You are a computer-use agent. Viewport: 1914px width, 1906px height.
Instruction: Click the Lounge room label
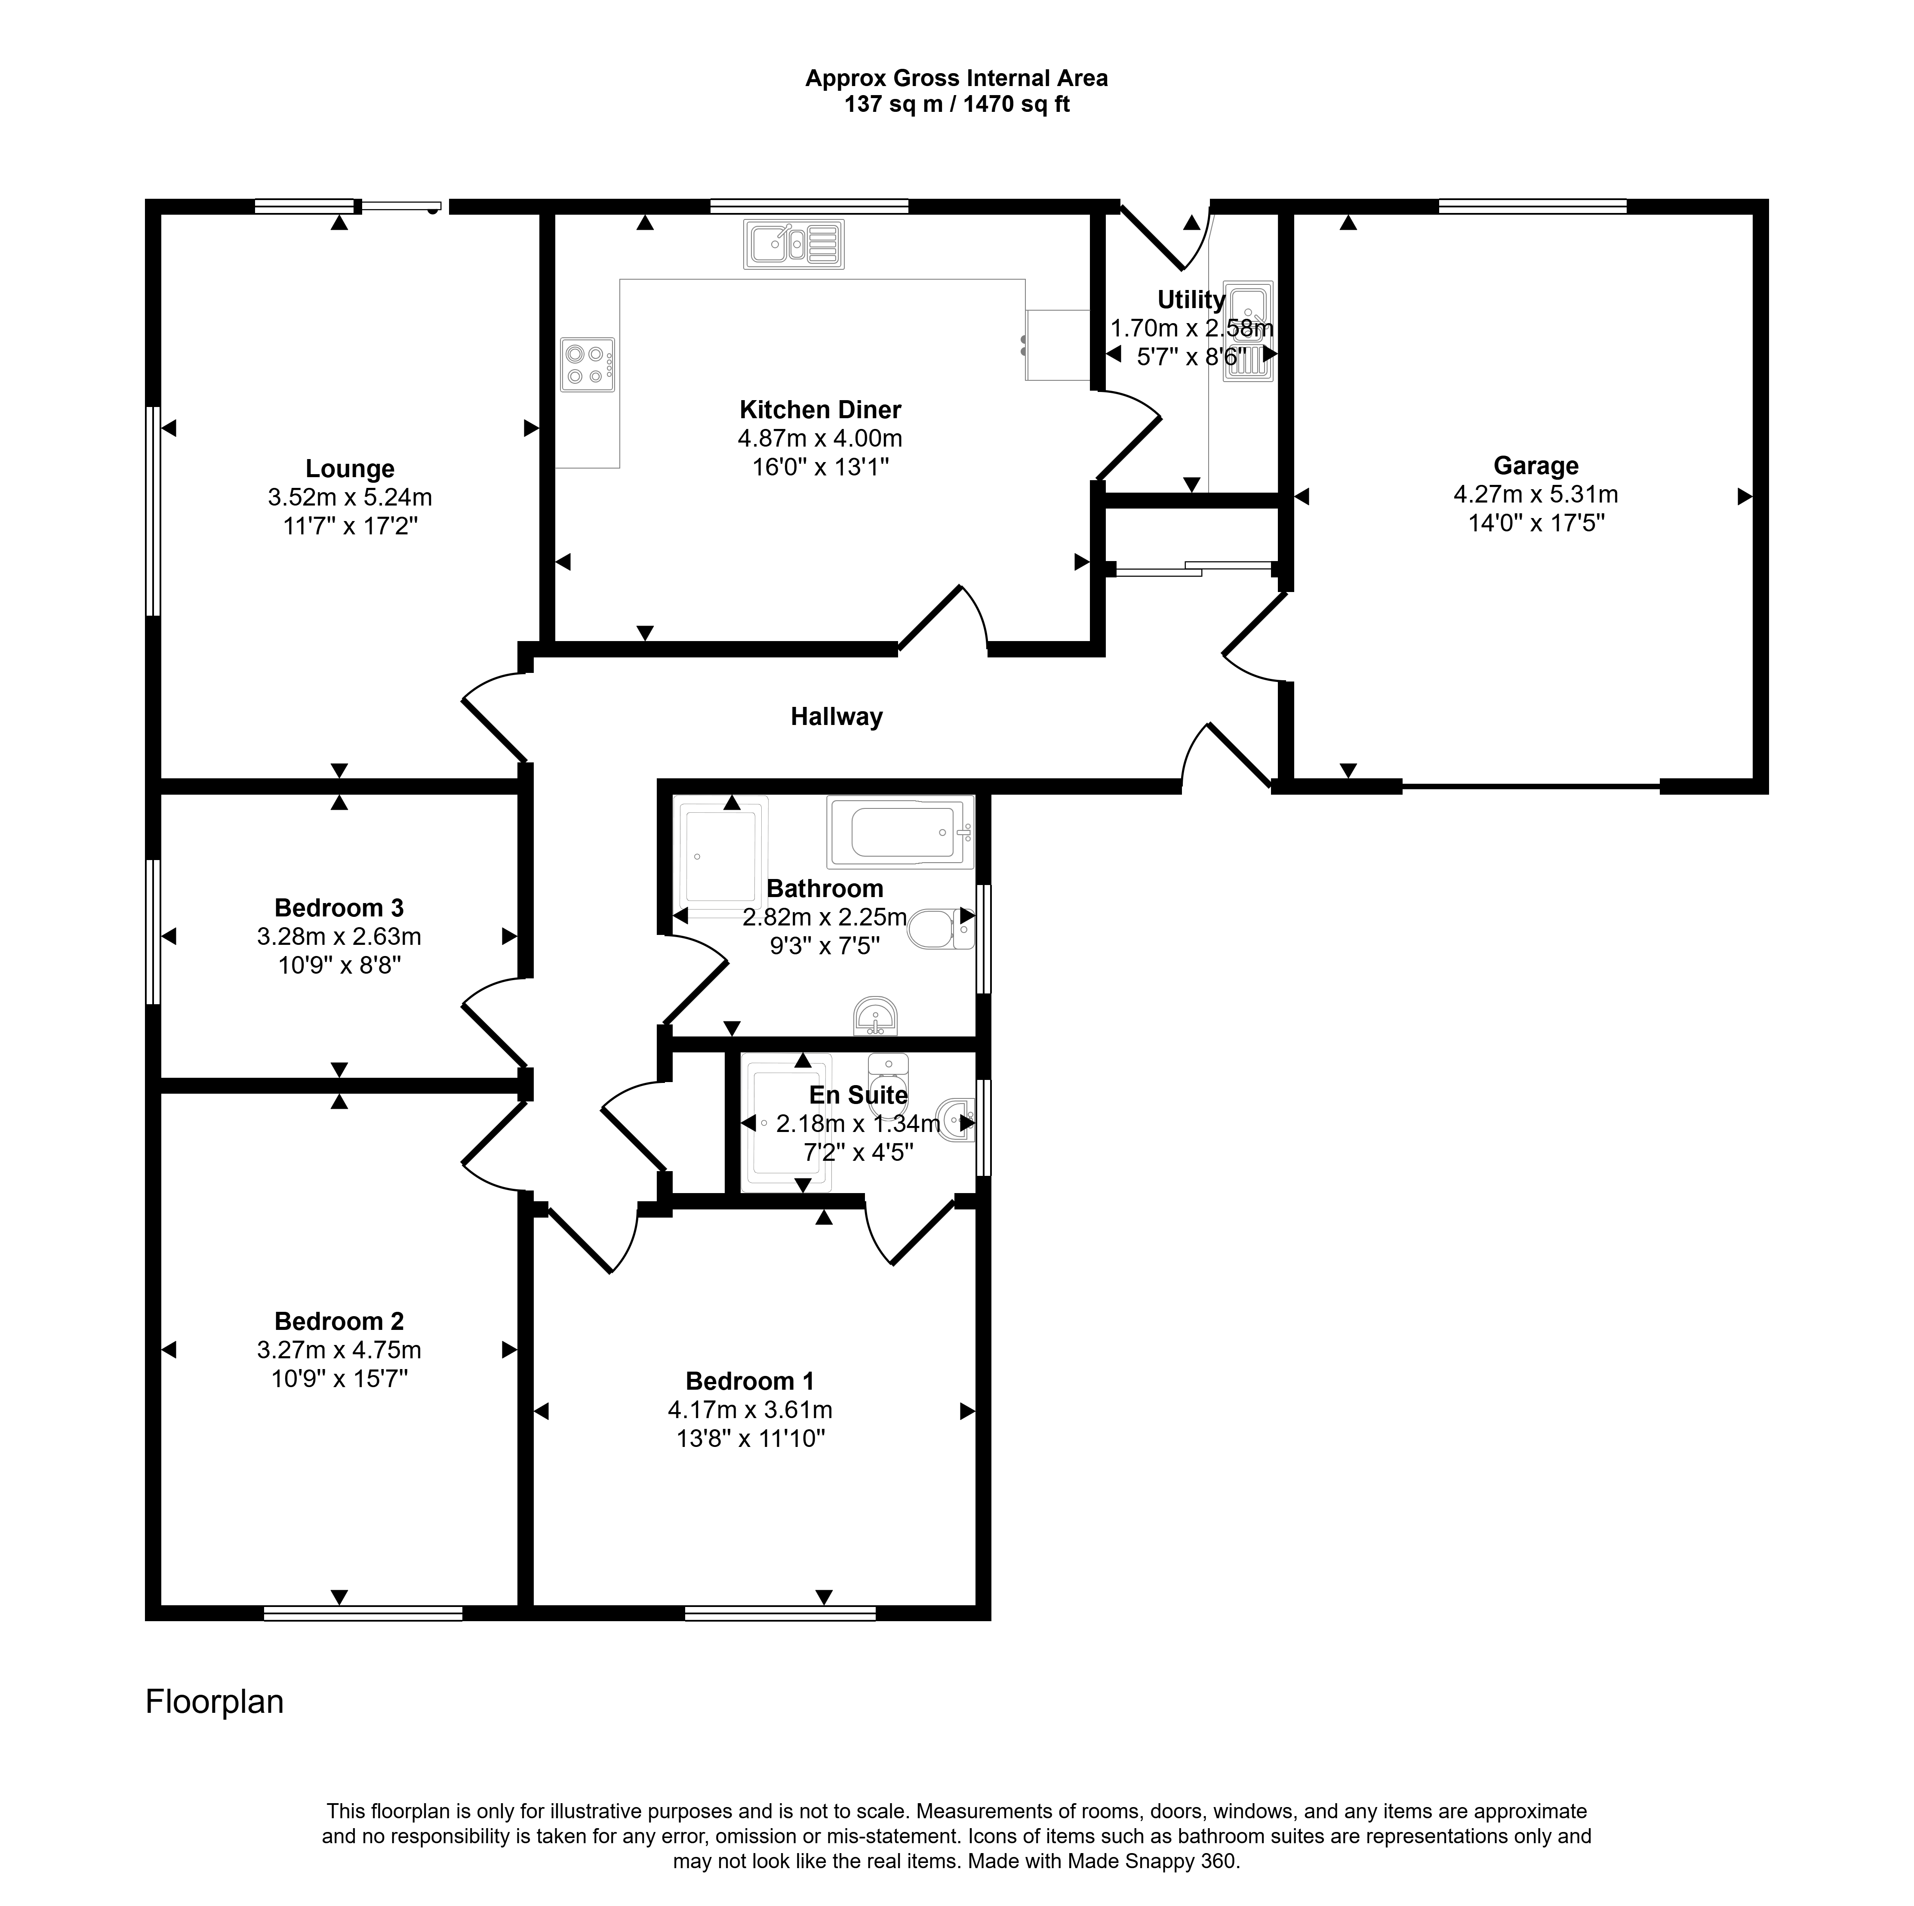tap(350, 469)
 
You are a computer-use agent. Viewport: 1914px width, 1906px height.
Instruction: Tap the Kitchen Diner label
tap(820, 409)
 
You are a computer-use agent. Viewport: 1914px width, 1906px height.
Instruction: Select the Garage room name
tap(1536, 466)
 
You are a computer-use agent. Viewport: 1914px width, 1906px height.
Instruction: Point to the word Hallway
tap(836, 717)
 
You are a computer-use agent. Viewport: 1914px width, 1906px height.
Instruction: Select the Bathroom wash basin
tap(875, 1016)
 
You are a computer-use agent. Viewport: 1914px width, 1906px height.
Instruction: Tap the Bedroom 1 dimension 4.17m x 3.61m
tap(750, 1409)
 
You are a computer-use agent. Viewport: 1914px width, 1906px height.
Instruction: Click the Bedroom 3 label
tap(339, 908)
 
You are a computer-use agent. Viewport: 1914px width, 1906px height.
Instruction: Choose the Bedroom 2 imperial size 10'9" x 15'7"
tap(339, 1379)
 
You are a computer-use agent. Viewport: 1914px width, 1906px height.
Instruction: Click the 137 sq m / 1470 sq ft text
tap(957, 104)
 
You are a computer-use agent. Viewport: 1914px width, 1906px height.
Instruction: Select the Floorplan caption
tap(215, 1702)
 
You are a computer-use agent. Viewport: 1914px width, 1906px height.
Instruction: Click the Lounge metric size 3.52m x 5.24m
tap(350, 497)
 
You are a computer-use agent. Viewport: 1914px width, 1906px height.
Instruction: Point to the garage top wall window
tap(1532, 206)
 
